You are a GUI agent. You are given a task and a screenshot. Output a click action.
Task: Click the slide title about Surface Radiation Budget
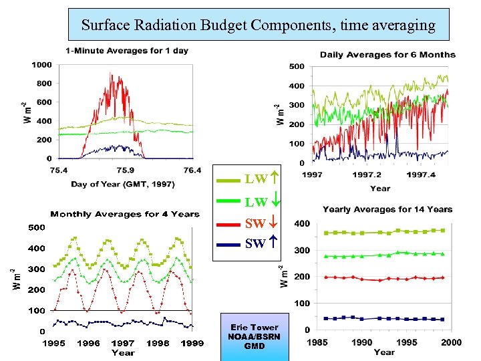(259, 25)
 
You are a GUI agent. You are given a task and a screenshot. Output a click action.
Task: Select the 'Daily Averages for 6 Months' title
(387, 55)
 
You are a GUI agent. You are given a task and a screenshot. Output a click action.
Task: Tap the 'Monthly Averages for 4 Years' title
(125, 214)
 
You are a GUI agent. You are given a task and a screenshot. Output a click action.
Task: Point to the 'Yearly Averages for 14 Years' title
(387, 210)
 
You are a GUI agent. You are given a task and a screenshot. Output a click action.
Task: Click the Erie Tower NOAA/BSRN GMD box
(255, 337)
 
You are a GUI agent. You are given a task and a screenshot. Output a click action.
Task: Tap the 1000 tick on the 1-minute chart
(41, 65)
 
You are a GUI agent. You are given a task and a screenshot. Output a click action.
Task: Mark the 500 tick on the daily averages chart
(296, 66)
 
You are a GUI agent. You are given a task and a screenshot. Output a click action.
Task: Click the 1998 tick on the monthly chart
(158, 343)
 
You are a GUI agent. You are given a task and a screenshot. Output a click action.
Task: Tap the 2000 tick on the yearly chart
(451, 342)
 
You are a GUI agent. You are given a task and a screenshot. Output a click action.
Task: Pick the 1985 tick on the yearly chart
(317, 342)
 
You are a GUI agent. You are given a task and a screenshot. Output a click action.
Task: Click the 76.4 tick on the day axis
(192, 170)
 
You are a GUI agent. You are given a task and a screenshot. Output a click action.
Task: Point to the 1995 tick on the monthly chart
(54, 343)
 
